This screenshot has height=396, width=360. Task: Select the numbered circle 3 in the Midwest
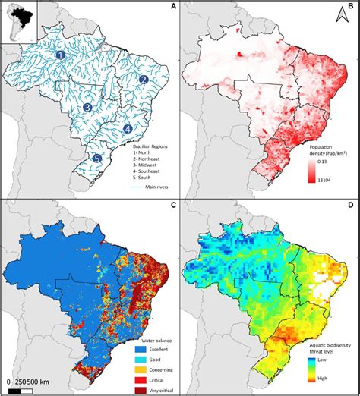tap(88, 108)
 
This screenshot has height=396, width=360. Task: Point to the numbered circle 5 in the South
tap(96, 158)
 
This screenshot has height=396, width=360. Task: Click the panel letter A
tap(174, 7)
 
